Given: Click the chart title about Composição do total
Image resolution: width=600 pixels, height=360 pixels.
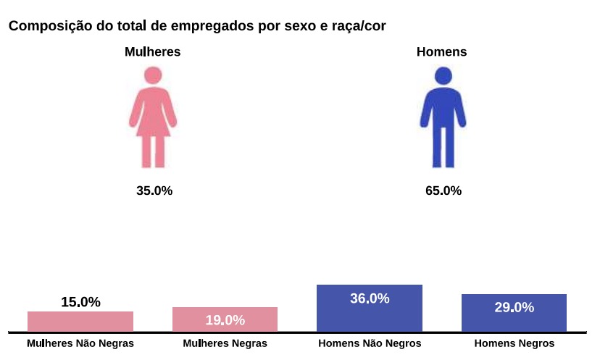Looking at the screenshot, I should tap(197, 26).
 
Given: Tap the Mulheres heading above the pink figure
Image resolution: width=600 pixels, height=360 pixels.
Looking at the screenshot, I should tap(152, 51).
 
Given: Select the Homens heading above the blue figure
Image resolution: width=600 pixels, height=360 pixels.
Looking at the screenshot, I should tap(441, 51).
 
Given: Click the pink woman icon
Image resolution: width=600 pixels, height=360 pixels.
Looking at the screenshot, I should tap(153, 120).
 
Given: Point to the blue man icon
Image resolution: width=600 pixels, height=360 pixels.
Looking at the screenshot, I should tap(443, 120).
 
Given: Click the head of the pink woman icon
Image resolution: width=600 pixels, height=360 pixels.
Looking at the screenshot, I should tap(153, 75).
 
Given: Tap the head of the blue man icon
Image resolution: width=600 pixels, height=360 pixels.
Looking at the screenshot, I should tap(443, 75).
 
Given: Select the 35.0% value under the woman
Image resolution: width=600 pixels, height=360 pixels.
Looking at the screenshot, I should tap(154, 191).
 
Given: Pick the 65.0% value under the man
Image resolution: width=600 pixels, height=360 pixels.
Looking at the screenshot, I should tap(443, 191).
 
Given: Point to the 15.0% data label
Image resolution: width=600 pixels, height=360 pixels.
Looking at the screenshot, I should tap(80, 302).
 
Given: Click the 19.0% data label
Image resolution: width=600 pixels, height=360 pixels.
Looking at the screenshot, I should tap(225, 320).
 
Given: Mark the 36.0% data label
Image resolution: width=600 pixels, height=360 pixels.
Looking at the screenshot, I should tap(370, 298).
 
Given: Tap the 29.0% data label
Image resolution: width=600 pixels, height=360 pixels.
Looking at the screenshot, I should tap(514, 307).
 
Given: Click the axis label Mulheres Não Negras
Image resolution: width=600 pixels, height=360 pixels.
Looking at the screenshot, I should tap(80, 343).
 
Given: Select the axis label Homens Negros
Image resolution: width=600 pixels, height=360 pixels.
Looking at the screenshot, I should tap(514, 343).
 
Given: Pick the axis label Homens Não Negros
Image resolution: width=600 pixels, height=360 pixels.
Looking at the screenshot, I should tap(370, 343).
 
